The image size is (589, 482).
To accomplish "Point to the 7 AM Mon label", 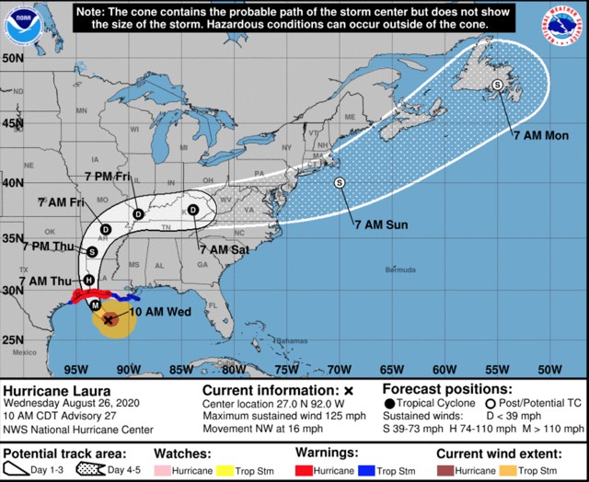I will (541, 135).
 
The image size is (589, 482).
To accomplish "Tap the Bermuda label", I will (400, 270).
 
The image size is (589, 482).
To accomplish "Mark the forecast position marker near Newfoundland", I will (497, 85).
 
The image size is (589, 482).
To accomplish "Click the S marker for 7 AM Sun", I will (339, 182).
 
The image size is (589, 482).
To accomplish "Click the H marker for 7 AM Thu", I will (88, 280).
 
